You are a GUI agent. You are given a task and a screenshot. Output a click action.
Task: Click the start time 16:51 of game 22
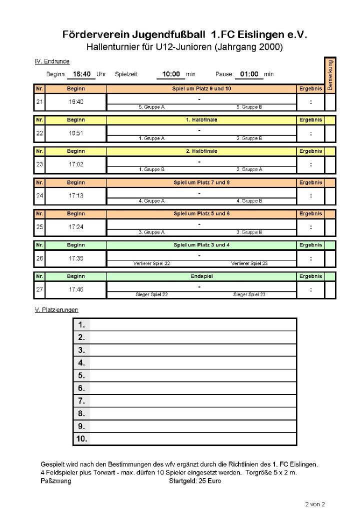pyautogui.click(x=76, y=133)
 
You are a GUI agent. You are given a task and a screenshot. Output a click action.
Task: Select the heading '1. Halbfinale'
pyautogui.click(x=201, y=120)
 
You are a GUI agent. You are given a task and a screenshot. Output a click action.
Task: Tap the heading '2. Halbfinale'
pyautogui.click(x=201, y=151)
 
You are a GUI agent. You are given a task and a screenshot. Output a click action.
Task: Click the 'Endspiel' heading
pyautogui.click(x=201, y=276)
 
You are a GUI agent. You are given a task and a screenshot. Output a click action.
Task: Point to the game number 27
pyautogui.click(x=39, y=289)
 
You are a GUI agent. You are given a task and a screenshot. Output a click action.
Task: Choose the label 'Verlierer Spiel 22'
pyautogui.click(x=152, y=263)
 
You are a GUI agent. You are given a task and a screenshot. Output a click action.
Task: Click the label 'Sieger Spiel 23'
pyautogui.click(x=249, y=294)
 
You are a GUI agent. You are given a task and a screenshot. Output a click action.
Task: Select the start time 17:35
pyautogui.click(x=76, y=258)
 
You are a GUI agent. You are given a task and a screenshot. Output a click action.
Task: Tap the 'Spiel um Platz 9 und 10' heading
pyautogui.click(x=201, y=88)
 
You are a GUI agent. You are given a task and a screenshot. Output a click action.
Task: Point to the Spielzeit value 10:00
pyautogui.click(x=171, y=74)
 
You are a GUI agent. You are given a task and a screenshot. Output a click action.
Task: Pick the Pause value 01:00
pyautogui.click(x=249, y=74)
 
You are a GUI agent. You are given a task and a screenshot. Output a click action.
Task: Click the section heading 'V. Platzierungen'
pyautogui.click(x=56, y=310)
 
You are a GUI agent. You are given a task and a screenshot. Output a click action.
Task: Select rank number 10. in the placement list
pyautogui.click(x=81, y=439)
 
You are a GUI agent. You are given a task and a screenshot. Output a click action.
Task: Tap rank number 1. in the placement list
pyautogui.click(x=81, y=324)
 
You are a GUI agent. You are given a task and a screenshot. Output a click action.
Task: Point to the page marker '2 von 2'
pyautogui.click(x=315, y=503)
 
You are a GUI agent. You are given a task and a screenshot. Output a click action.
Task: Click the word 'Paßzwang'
pyautogui.click(x=55, y=481)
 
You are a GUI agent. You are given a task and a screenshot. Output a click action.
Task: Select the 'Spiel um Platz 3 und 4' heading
pyautogui.click(x=201, y=245)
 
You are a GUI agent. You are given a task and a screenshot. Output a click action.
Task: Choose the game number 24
pyautogui.click(x=39, y=195)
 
